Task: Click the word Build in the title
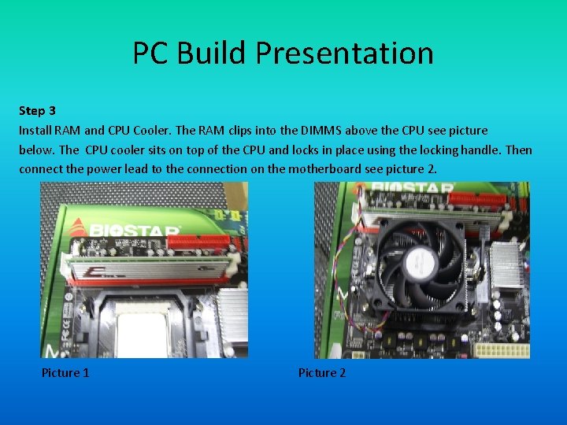coord(212,54)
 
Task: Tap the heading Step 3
coord(37,111)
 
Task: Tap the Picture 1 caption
coord(65,372)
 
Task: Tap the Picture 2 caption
coord(321,372)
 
